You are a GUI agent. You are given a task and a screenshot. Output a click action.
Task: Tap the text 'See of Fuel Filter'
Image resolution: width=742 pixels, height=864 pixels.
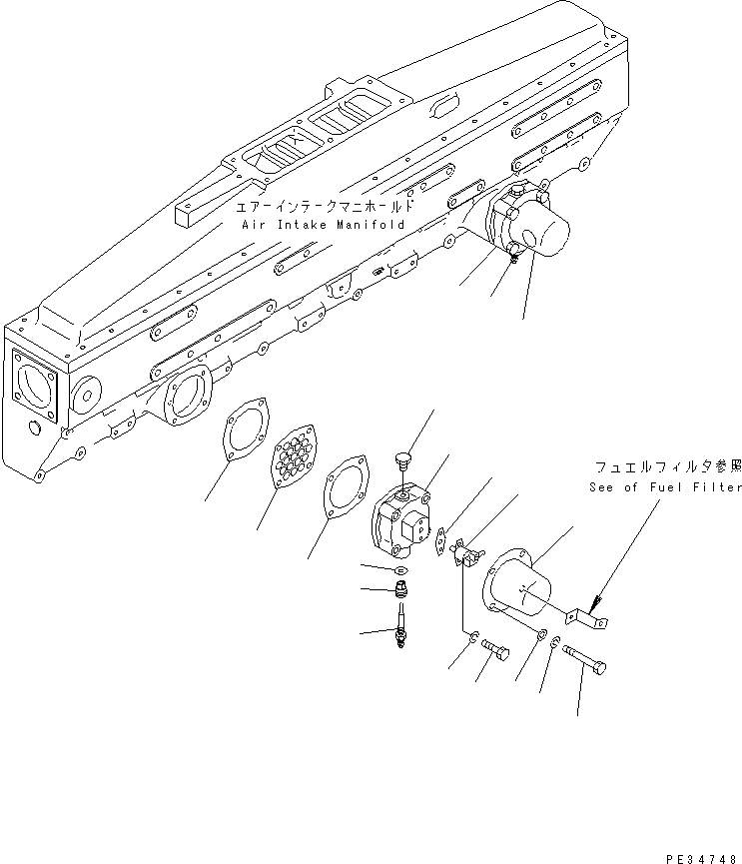click(663, 486)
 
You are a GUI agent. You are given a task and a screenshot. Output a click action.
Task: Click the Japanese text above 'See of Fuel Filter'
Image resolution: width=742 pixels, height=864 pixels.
click(668, 467)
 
